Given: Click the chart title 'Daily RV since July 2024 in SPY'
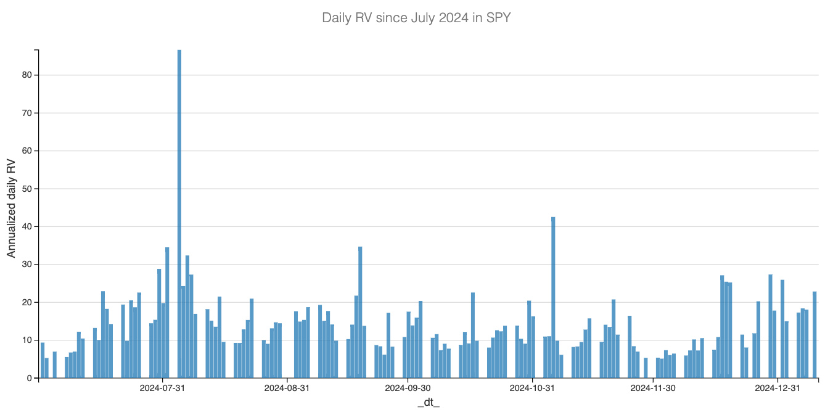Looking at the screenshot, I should tap(416, 18).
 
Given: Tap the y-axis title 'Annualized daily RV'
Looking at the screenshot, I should tap(11, 208).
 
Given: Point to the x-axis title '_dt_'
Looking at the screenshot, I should tap(429, 403).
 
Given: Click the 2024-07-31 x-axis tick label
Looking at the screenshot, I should tap(162, 388).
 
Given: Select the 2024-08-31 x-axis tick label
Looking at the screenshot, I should tap(287, 388).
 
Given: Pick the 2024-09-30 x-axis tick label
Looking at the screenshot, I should tap(408, 388).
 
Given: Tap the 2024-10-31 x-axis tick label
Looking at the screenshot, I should tap(532, 388).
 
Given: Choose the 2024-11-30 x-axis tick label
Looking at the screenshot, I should tap(653, 388).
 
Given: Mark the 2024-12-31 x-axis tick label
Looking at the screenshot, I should tap(778, 388).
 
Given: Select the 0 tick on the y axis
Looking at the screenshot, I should tap(28, 378).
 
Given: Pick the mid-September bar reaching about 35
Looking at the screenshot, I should tap(360, 312).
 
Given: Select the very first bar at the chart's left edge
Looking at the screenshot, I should tap(43, 360).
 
